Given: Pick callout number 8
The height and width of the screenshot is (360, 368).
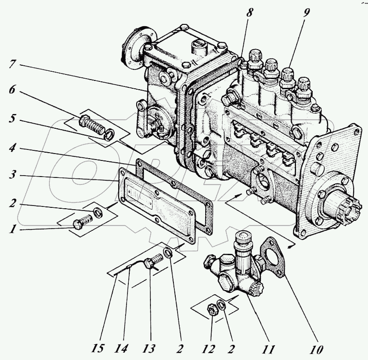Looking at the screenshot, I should pos(249,13).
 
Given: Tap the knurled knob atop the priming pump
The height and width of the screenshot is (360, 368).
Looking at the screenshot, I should pos(242,238).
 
